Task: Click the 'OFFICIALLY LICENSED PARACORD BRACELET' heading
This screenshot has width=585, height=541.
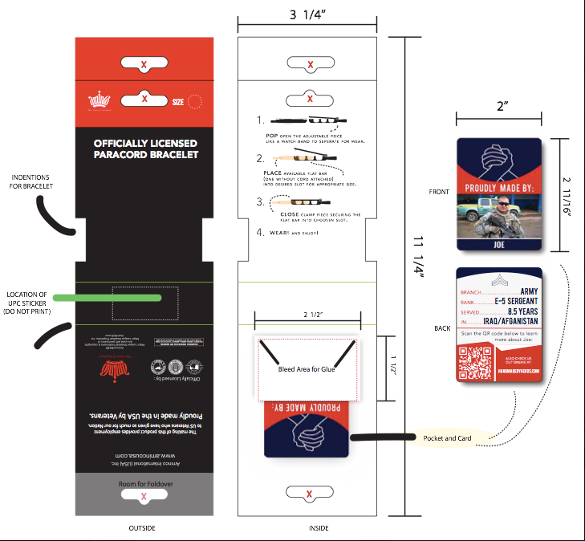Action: tap(145, 148)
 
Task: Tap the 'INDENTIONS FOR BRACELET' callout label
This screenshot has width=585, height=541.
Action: tap(30, 181)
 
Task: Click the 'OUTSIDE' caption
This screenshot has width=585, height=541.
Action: tap(142, 527)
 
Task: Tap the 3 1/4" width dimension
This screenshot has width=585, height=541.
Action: tap(308, 14)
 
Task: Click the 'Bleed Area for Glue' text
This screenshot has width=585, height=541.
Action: tap(306, 369)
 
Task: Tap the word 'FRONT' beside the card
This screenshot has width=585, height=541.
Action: tap(441, 193)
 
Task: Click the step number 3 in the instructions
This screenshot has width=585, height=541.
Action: tap(260, 202)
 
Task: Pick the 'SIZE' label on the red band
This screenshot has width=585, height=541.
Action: tap(177, 102)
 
